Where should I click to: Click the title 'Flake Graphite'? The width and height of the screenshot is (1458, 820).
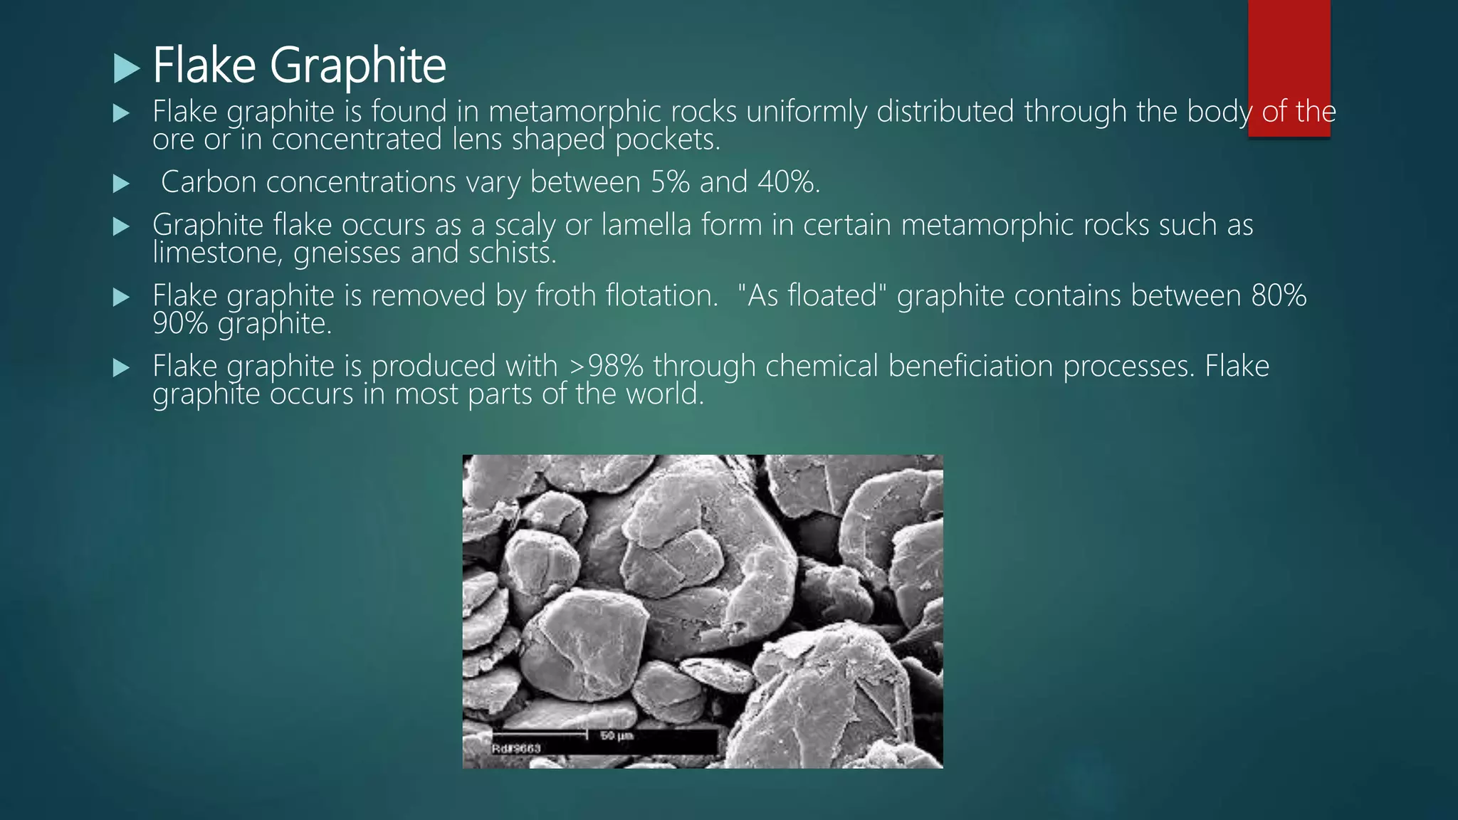299,65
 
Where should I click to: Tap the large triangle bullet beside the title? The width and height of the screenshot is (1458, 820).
127,68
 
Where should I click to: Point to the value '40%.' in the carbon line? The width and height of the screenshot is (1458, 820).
789,182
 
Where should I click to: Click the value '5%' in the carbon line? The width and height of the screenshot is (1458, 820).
670,182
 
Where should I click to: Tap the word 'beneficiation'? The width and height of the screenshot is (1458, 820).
970,366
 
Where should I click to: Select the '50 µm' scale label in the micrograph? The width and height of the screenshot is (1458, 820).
617,735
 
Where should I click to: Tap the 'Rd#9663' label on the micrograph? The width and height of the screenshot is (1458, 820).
516,748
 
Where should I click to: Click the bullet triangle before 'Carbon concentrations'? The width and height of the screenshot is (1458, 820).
122,184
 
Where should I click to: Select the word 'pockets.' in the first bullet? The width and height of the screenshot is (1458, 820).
667,140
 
